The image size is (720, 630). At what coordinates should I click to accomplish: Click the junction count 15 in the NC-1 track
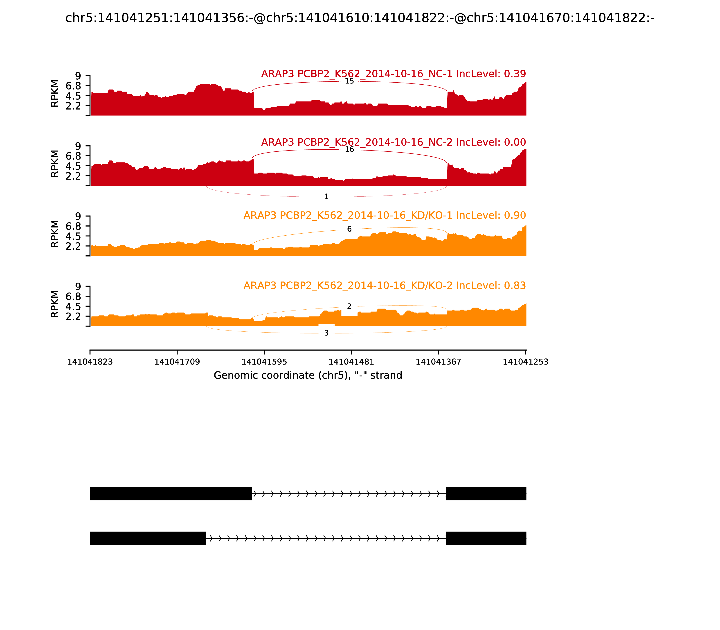point(349,81)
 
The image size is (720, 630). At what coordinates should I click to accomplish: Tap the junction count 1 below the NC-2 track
point(326,197)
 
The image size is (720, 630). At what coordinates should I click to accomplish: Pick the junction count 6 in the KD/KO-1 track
point(349,229)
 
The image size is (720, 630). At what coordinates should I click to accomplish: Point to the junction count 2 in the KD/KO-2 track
point(349,306)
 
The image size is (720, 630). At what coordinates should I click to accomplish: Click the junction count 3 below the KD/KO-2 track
point(326,333)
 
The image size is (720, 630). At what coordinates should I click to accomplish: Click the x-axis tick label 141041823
point(90,362)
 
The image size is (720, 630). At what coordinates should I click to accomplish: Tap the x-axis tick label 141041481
point(351,362)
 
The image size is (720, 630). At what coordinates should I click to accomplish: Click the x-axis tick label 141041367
point(438,362)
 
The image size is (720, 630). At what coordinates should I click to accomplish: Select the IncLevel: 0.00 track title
point(393,142)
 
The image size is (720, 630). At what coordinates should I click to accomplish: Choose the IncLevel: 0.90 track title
point(385,216)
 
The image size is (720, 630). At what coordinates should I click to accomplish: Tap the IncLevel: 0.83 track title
point(385,286)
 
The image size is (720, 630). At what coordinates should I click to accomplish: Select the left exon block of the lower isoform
point(148,538)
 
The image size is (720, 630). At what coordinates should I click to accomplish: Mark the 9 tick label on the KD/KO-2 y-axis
point(78,286)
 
